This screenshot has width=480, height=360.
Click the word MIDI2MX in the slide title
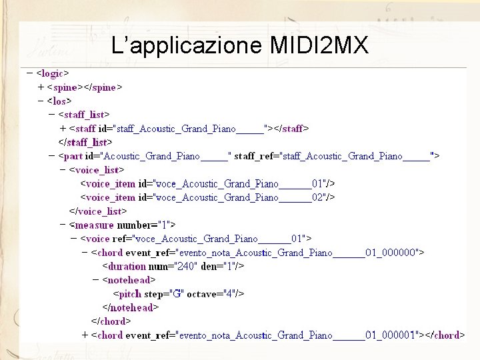(319, 45)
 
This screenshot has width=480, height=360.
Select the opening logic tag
(53, 73)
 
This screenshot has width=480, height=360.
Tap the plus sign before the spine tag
(41, 87)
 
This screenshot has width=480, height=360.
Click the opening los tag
(59, 101)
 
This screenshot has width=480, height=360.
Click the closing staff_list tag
(85, 142)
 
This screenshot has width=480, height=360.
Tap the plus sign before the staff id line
(63, 128)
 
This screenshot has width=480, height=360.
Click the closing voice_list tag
(98, 211)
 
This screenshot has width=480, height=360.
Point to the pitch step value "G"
(179, 294)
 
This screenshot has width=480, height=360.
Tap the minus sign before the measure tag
(63, 225)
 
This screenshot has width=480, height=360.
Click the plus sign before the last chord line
(85, 335)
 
